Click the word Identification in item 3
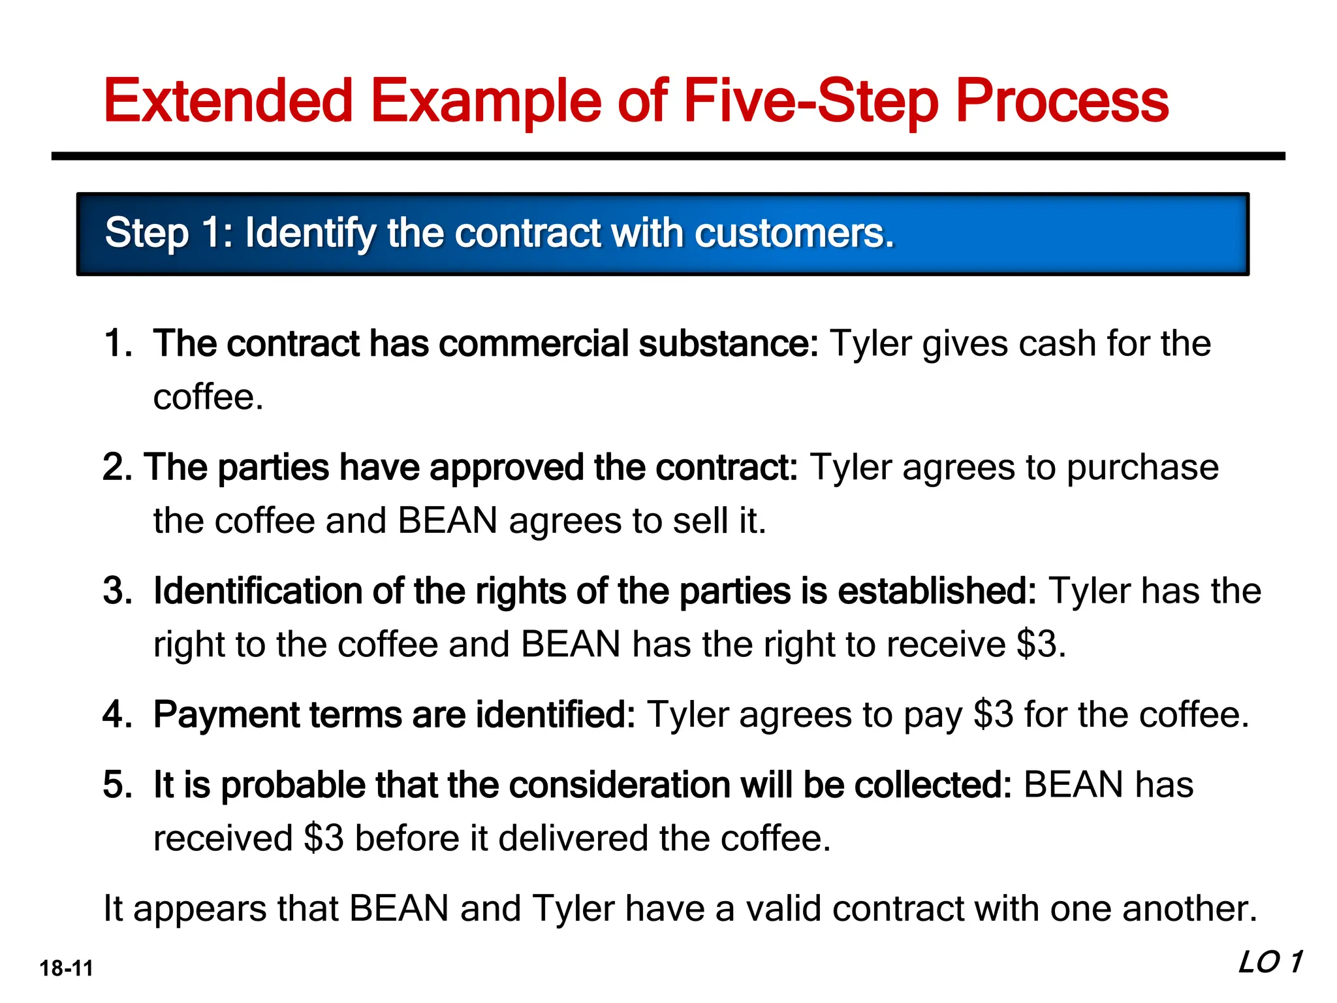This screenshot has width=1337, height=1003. tap(257, 591)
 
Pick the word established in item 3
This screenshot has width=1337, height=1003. tap(937, 591)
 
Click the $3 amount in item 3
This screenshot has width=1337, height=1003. tap(1037, 645)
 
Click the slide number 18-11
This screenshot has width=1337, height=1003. tap(66, 968)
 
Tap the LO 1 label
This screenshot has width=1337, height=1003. tap(1270, 963)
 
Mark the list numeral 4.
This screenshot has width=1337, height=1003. tap(116, 715)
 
